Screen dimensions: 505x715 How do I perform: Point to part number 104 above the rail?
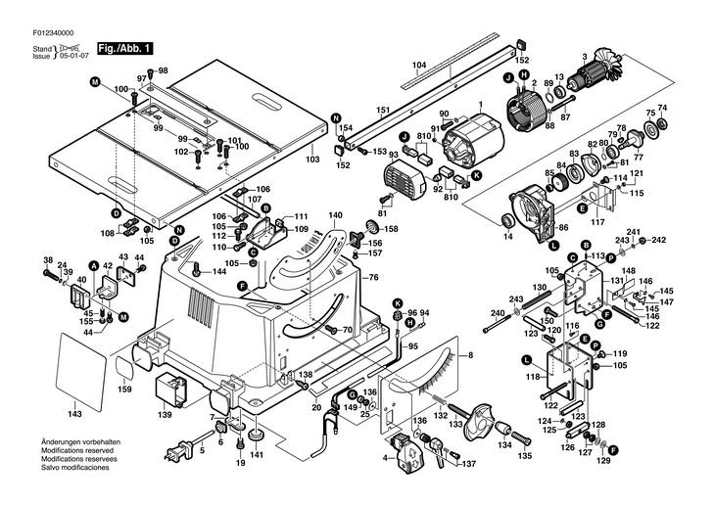click(419, 66)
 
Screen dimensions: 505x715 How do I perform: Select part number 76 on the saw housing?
click(372, 278)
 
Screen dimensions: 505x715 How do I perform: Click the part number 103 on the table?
click(312, 159)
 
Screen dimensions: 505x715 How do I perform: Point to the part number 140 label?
click(335, 215)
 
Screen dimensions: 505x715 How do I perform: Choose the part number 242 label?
click(658, 240)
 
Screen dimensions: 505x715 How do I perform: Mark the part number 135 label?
click(525, 456)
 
